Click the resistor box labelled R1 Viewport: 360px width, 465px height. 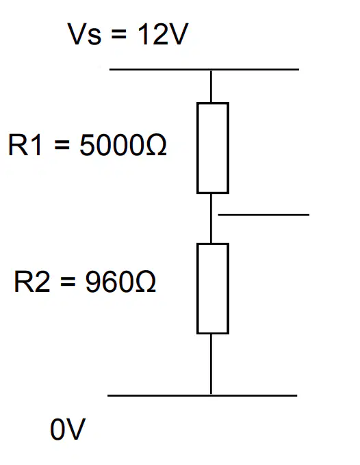click(x=198, y=148)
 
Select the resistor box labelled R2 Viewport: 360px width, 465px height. click(x=198, y=289)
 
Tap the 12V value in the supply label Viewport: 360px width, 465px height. click(x=162, y=34)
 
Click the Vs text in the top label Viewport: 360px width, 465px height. click(x=85, y=34)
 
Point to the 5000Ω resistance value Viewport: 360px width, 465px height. click(x=123, y=145)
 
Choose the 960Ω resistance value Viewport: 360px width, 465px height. click(x=120, y=282)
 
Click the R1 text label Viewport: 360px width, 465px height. click(x=25, y=145)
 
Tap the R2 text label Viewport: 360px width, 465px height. click(x=31, y=282)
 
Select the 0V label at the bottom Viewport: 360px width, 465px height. click(x=68, y=429)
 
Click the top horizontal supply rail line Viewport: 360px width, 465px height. click(x=204, y=69)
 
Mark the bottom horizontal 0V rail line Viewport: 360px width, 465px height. click(x=202, y=395)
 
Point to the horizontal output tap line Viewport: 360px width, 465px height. click(x=263, y=215)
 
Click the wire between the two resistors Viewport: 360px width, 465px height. click(x=211, y=219)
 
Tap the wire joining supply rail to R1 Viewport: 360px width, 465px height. click(x=211, y=86)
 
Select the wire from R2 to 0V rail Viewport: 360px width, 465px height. click(x=211, y=364)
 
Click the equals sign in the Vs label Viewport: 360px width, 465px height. click(x=118, y=34)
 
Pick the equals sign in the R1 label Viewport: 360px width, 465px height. click(x=62, y=145)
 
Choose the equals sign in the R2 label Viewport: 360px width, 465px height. click(x=68, y=282)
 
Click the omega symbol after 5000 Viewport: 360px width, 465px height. click(x=157, y=145)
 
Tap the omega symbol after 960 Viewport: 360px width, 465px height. click(x=146, y=282)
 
